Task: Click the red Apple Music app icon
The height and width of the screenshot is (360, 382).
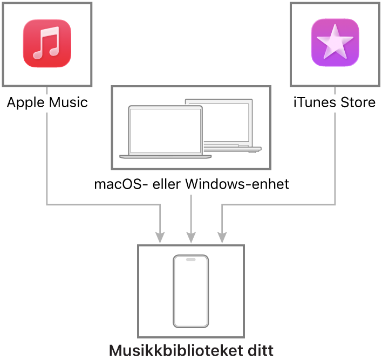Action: [47, 44]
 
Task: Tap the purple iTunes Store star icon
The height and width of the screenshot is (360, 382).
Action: [335, 43]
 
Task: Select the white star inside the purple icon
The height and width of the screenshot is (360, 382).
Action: [335, 41]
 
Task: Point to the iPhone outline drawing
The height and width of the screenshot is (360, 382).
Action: [190, 291]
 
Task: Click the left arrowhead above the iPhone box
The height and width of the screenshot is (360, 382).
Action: [160, 238]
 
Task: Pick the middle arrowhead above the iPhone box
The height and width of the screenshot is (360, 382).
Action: [191, 238]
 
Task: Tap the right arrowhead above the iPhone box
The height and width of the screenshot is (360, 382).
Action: [222, 238]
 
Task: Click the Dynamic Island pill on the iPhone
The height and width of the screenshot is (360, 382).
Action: [190, 259]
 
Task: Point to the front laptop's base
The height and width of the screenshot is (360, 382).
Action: [166, 157]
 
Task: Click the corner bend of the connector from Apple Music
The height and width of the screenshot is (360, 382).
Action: [47, 205]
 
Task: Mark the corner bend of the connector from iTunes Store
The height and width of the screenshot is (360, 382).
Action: [335, 205]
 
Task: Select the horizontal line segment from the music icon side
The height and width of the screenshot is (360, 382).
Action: [103, 205]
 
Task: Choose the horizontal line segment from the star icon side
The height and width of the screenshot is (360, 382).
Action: [278, 205]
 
